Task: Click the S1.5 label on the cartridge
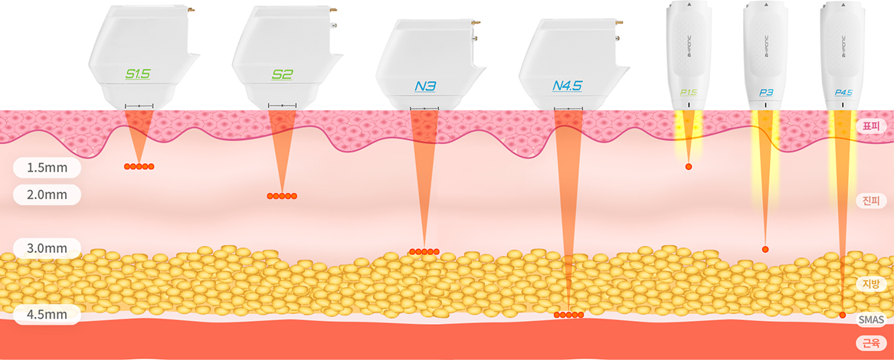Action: [x=138, y=74]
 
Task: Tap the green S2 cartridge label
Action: [x=282, y=74]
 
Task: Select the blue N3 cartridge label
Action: [x=425, y=87]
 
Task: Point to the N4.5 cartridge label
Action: [x=568, y=86]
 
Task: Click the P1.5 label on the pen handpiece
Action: [x=688, y=93]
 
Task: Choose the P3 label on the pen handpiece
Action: [x=765, y=93]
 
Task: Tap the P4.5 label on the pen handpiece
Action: [x=843, y=93]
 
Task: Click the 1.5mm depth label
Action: [x=47, y=166]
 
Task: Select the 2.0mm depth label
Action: [x=47, y=195]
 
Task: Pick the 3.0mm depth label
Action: [x=47, y=248]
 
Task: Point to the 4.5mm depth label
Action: [x=47, y=315]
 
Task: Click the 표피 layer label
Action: [x=871, y=126]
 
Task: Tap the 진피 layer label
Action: [x=871, y=201]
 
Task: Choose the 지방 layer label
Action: [x=871, y=284]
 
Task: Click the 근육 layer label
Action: [x=871, y=342]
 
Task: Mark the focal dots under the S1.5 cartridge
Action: [x=139, y=166]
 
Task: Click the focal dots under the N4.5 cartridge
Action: [x=568, y=315]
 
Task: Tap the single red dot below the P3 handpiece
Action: [x=765, y=249]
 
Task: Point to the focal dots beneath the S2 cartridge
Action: [x=282, y=196]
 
